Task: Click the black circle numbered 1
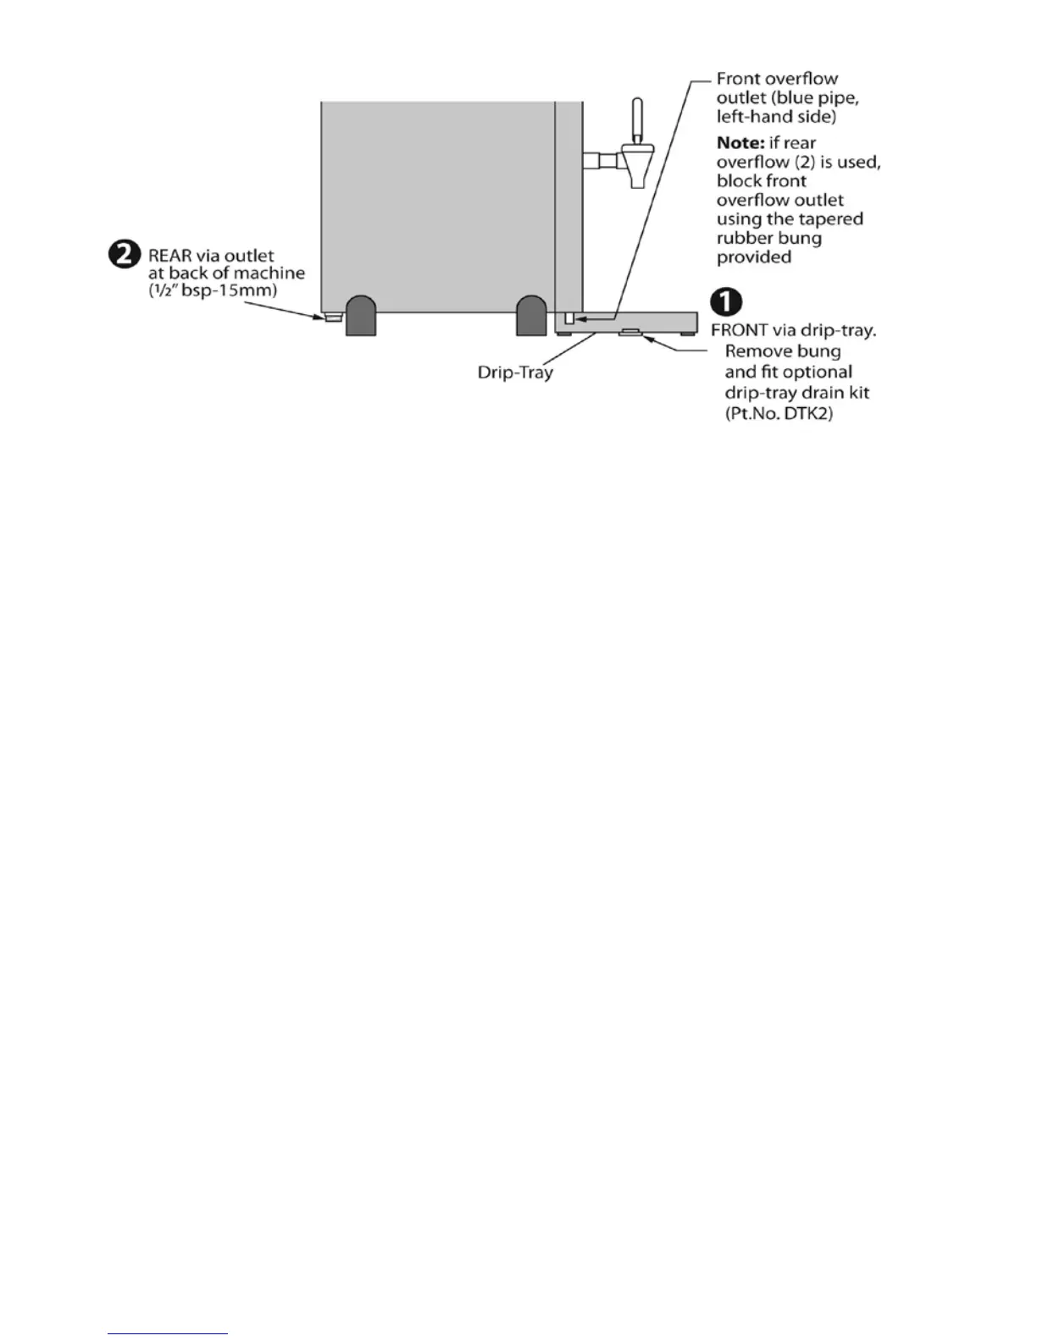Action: (727, 302)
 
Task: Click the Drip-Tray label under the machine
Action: (515, 372)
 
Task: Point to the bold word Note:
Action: (740, 143)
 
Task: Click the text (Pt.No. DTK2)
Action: (779, 414)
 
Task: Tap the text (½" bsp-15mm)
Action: (213, 290)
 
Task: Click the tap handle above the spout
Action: (637, 119)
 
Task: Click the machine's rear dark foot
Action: (361, 316)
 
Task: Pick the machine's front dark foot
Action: (531, 316)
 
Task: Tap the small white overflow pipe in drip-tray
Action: (569, 318)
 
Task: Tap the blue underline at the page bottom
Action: (168, 1333)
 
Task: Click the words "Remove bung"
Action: (783, 351)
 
